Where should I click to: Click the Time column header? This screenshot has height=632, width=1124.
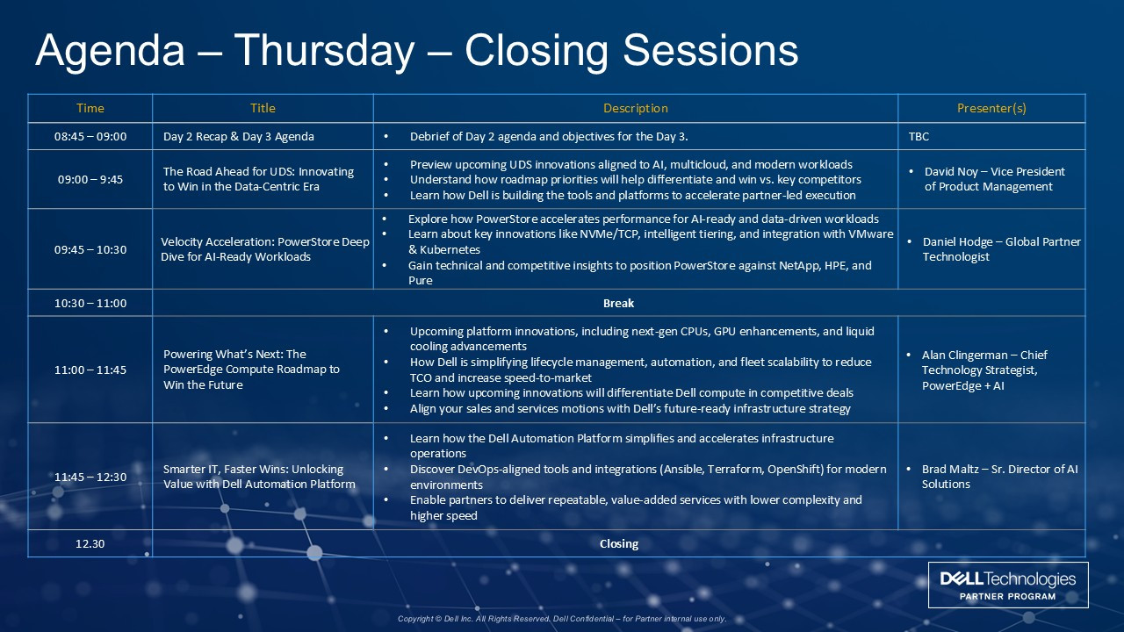[90, 108]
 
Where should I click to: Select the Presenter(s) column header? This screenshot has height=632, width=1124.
[991, 108]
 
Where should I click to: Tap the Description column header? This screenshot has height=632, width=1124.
[635, 108]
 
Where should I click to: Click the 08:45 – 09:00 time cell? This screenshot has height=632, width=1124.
[90, 136]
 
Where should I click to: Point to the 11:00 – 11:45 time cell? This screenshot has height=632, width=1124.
[90, 370]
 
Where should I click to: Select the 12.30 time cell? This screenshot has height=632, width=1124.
[90, 543]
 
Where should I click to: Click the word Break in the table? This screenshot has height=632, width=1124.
[619, 304]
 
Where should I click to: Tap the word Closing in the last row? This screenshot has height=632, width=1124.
[619, 544]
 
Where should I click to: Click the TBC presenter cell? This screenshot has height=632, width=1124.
[919, 136]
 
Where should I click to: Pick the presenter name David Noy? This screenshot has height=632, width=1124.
[951, 171]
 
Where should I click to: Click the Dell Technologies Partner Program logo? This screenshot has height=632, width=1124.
[1008, 585]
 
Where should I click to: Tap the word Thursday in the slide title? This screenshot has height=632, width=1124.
[324, 50]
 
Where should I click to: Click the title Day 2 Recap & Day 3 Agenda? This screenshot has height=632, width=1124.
[239, 136]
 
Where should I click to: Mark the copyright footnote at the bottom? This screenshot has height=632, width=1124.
[562, 619]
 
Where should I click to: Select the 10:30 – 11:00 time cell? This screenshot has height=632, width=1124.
[90, 304]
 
